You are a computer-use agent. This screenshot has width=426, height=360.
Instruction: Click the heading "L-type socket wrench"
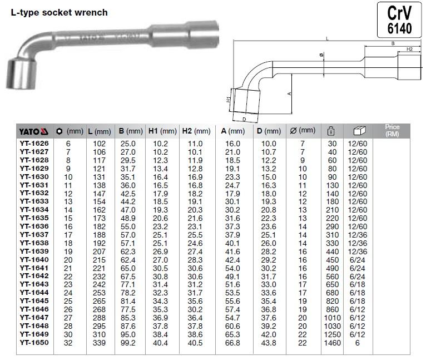[x=59, y=12]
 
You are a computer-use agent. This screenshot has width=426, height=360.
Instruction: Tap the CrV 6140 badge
[x=399, y=20]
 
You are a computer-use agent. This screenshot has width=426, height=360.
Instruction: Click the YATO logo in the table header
[x=34, y=132]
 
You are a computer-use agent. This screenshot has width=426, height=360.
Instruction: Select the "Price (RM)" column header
[x=392, y=130]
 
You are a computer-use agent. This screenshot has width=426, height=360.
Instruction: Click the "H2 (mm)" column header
[x=196, y=131]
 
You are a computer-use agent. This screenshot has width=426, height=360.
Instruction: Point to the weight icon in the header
[x=331, y=131]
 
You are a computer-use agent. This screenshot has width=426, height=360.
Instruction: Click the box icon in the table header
[x=359, y=131]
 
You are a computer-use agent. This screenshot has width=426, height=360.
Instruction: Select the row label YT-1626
[x=34, y=144]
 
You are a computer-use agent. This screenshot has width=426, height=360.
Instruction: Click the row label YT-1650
[x=34, y=342]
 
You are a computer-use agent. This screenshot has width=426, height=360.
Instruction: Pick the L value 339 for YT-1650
[x=99, y=343]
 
